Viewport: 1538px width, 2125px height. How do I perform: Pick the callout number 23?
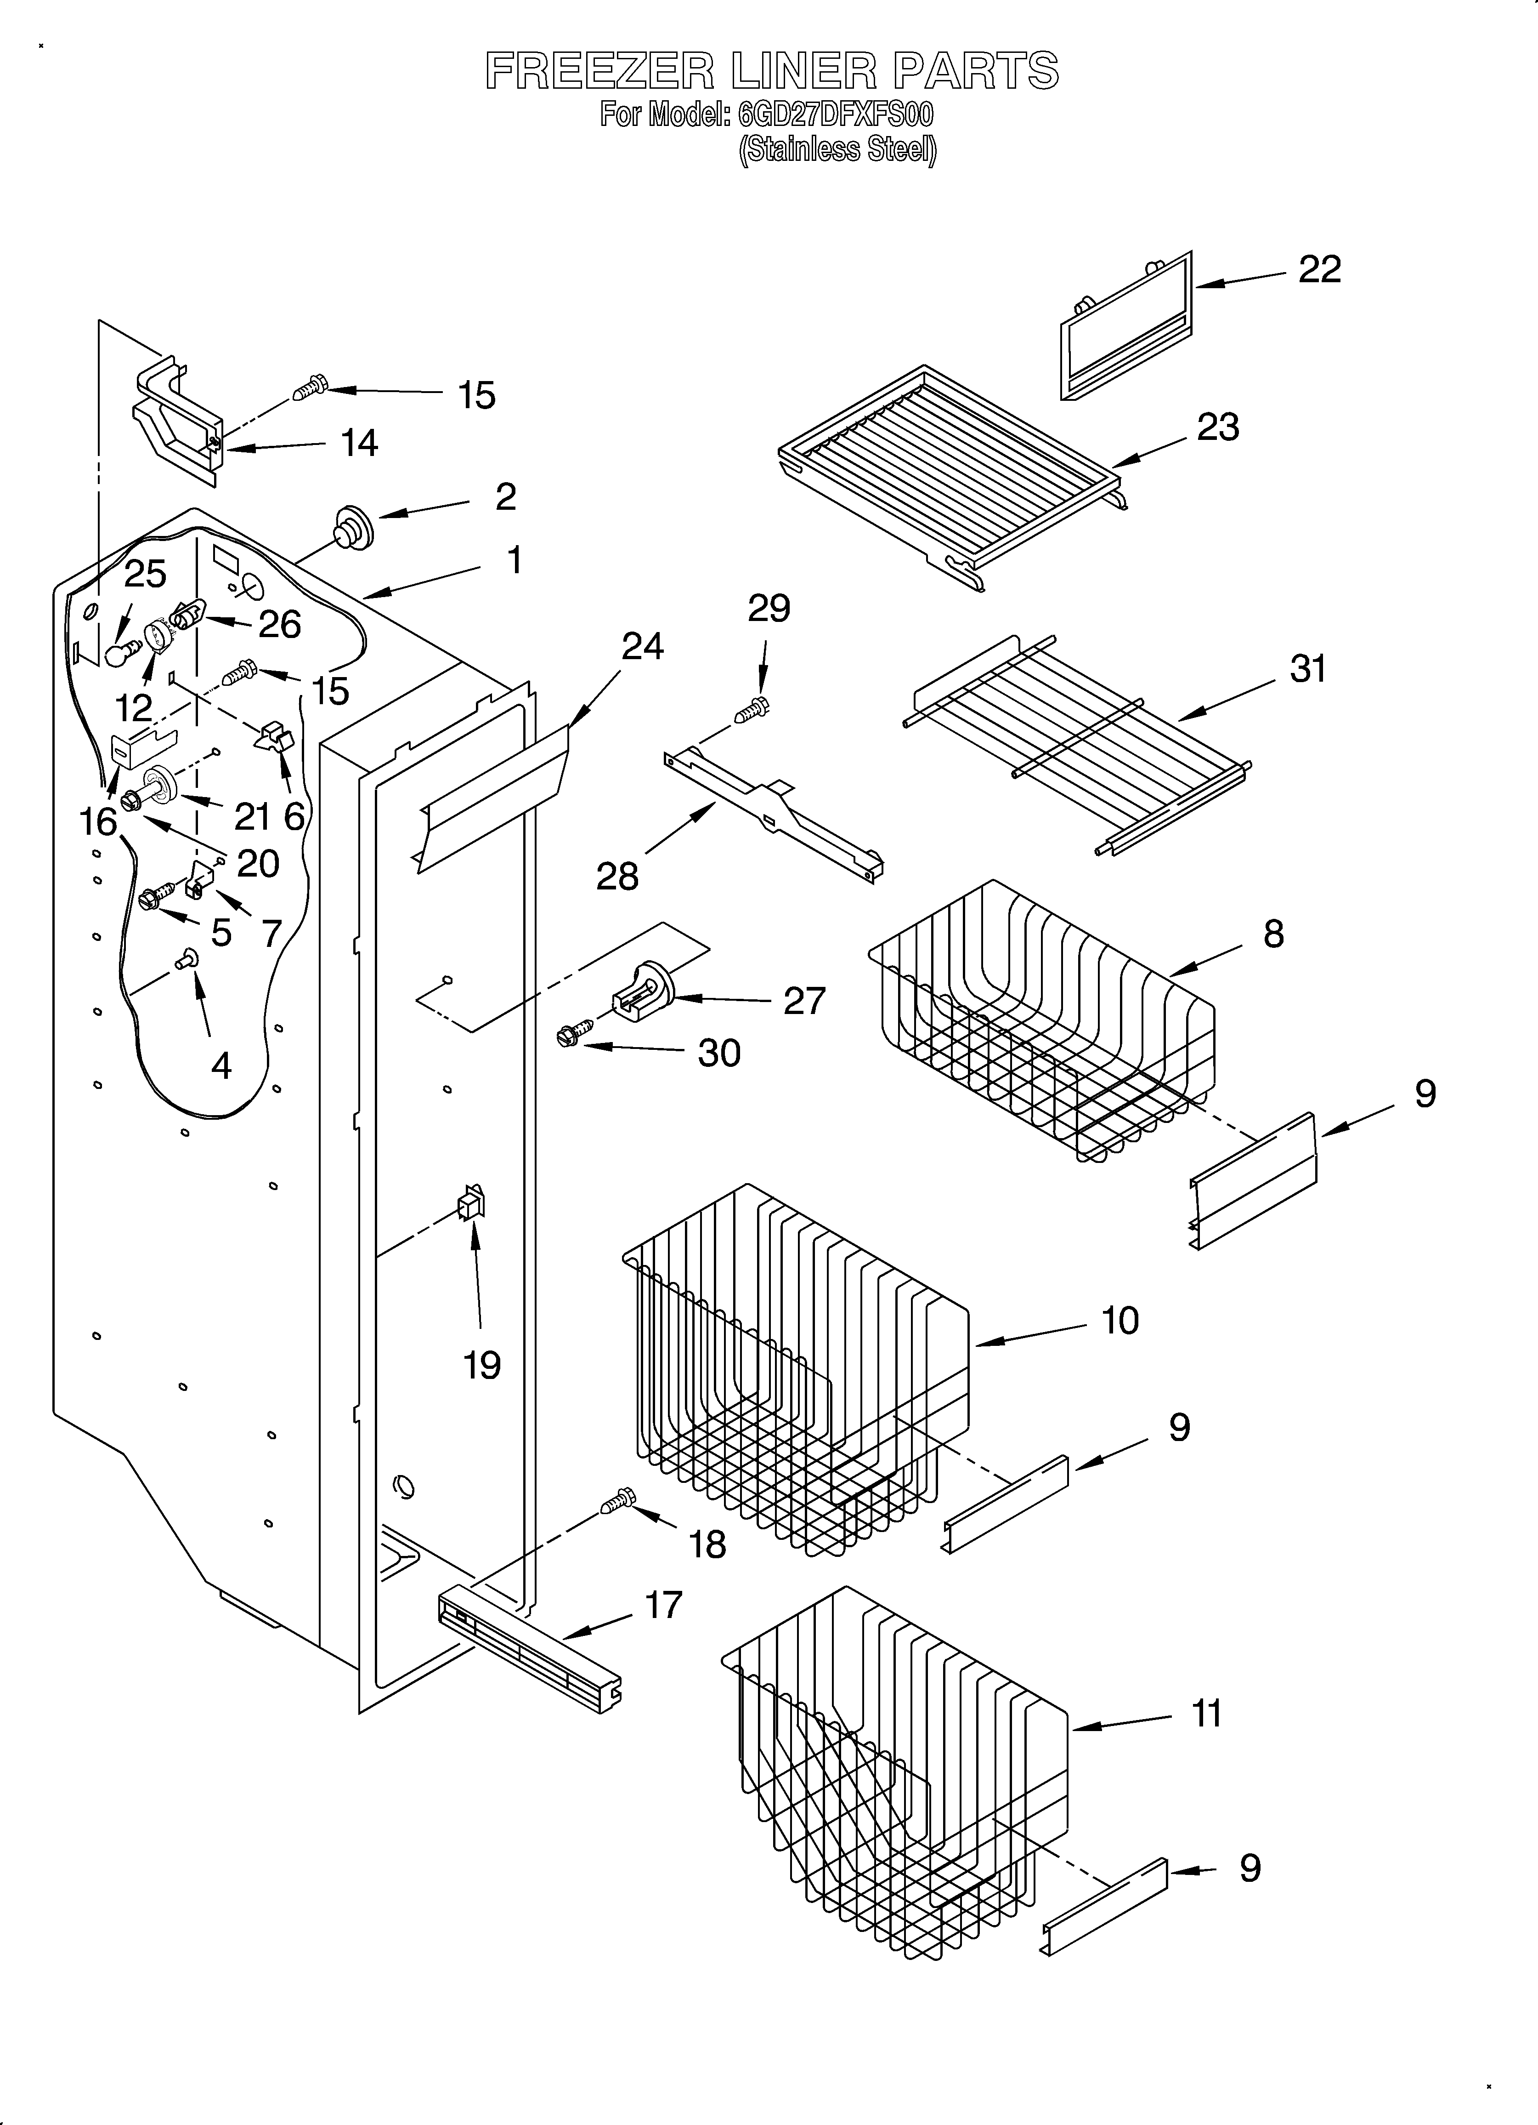click(1218, 427)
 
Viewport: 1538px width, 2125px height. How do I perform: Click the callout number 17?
click(663, 1605)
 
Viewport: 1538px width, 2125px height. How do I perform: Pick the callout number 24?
click(643, 646)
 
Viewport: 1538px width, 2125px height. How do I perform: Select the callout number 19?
click(481, 1365)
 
